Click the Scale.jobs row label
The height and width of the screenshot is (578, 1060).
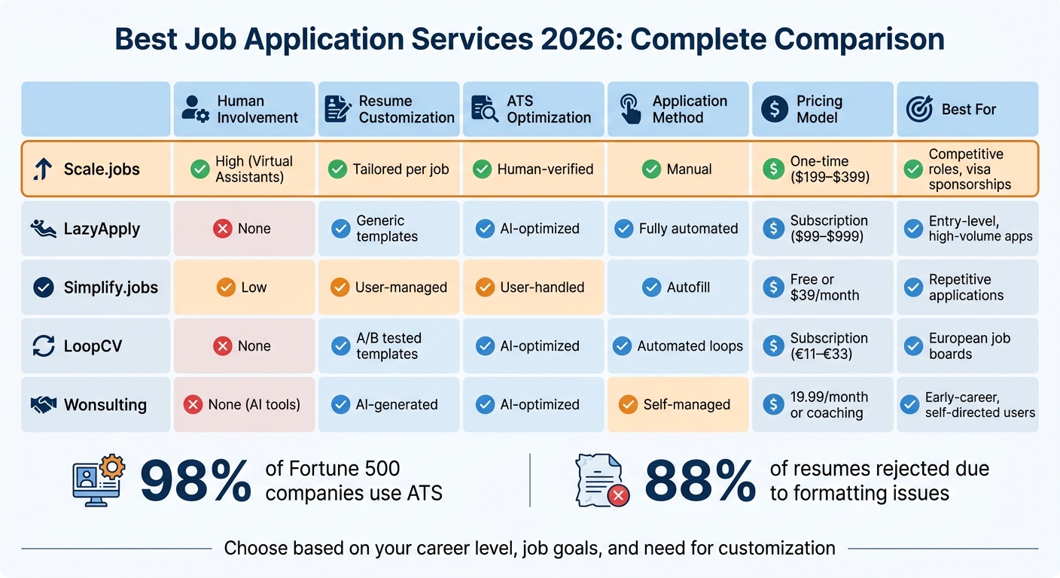coord(96,169)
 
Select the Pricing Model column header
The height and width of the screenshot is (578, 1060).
coord(822,109)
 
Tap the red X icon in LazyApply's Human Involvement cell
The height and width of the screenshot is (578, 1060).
coord(222,228)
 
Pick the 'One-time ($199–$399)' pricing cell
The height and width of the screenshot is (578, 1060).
coord(822,169)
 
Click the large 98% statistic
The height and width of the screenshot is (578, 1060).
coord(195,482)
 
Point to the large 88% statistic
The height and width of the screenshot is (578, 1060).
coord(699,482)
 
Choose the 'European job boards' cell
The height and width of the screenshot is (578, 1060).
coord(967,346)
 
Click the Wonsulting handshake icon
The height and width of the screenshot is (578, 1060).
coord(44,405)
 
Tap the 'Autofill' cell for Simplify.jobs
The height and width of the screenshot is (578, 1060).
coord(678,287)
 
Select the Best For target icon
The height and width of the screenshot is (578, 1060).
coord(918,109)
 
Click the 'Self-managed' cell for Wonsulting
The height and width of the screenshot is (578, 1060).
coord(678,405)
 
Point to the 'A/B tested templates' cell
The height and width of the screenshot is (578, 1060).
coord(388,346)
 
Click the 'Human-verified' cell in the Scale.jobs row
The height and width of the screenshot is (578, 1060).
coord(533,169)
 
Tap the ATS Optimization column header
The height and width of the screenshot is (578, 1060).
coord(533,109)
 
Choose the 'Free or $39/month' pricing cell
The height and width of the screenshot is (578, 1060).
coord(822,287)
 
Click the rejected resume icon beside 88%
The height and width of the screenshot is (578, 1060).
coord(602,479)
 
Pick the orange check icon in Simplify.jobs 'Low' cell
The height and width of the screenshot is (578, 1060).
coord(225,287)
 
